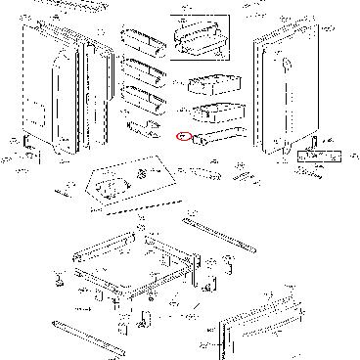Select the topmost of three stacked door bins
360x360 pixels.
tap(139, 43)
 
